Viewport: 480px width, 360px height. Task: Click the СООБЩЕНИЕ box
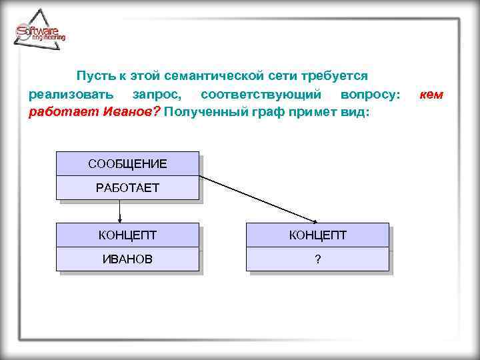(x=127, y=164)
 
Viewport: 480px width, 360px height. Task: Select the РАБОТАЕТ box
(x=127, y=188)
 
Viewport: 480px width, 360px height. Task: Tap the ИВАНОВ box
(x=127, y=259)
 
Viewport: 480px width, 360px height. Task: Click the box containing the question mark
(x=317, y=259)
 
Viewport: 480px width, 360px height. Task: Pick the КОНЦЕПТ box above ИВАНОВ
(x=127, y=235)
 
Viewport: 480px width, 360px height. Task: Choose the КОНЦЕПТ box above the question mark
(x=317, y=235)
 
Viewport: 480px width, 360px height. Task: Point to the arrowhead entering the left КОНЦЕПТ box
(x=120, y=219)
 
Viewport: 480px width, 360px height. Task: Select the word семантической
(x=216, y=77)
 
